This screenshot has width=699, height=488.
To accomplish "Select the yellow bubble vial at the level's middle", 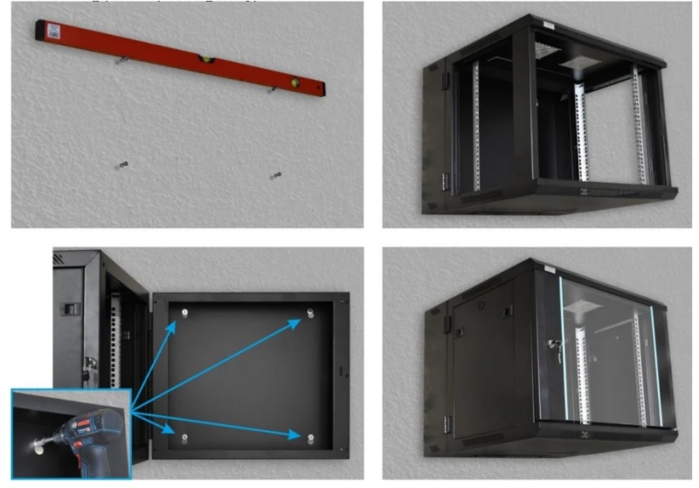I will tap(208, 60).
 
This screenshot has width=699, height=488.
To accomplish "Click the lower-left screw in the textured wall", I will tap(121, 164).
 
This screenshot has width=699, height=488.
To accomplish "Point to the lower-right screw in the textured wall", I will tap(276, 177).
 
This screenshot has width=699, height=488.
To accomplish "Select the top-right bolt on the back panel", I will tap(311, 312).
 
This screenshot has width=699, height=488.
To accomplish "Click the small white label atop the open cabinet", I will tap(547, 21).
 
